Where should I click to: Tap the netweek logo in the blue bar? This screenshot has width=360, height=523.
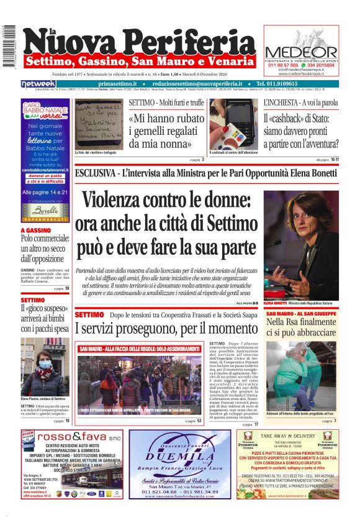point(38,84)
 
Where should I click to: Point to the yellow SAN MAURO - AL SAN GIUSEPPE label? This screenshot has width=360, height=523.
point(301,314)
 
